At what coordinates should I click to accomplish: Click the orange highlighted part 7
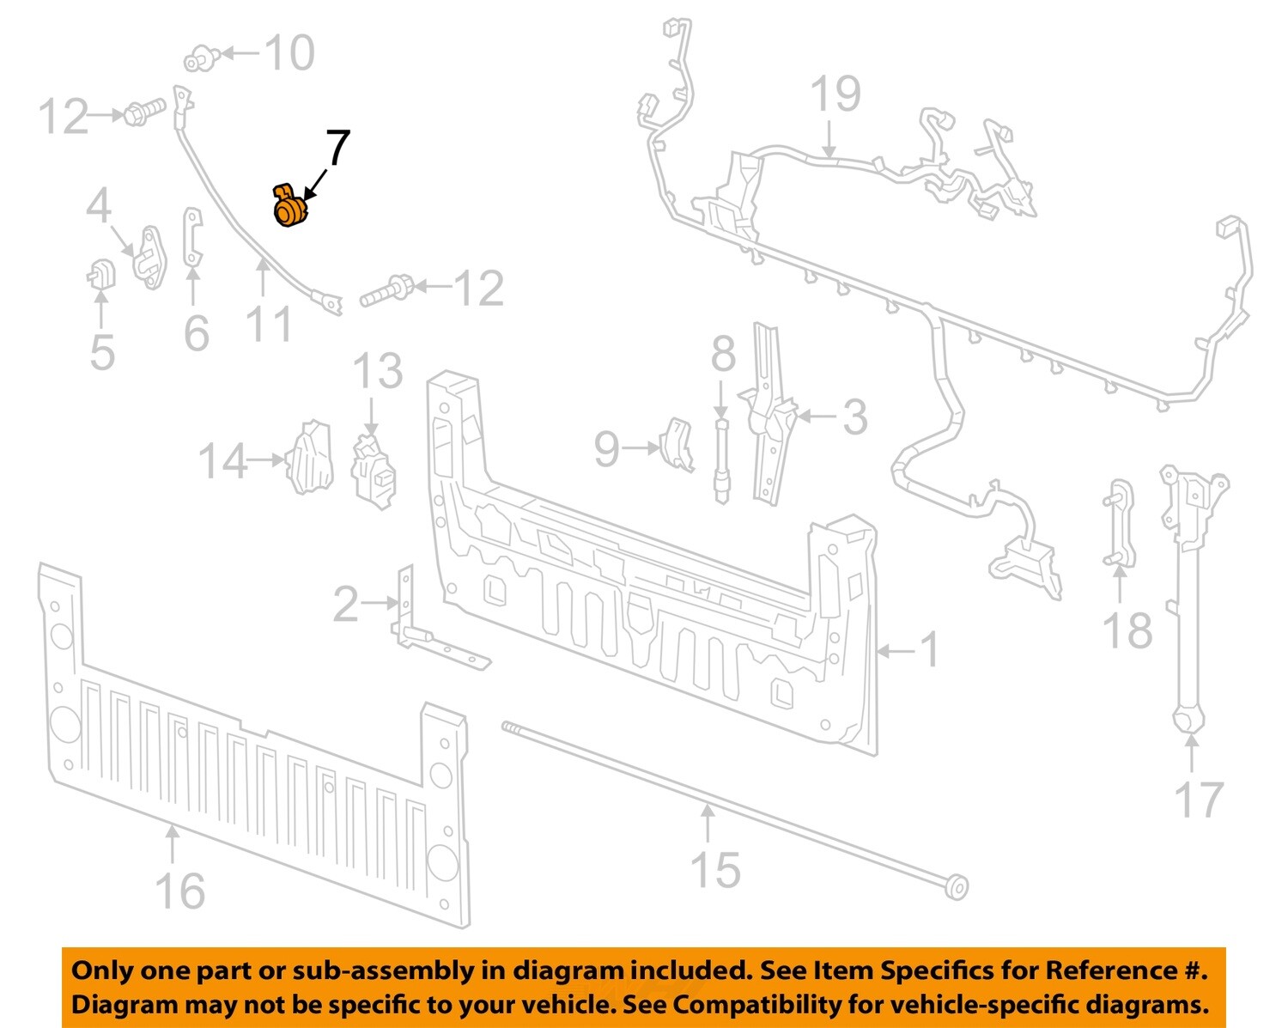(x=289, y=206)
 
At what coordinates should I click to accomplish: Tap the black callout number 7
(x=337, y=149)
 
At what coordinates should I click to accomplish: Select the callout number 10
(x=289, y=53)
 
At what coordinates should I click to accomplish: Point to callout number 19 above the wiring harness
(x=835, y=94)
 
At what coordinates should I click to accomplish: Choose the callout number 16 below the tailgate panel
(x=180, y=891)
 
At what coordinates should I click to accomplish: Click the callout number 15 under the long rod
(x=715, y=870)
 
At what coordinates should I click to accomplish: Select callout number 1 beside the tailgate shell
(x=930, y=650)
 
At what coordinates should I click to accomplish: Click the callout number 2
(x=345, y=605)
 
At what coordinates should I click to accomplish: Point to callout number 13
(x=378, y=371)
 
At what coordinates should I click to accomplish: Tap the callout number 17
(x=1199, y=800)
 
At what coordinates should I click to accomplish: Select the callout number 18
(x=1127, y=631)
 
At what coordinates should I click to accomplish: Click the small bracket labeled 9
(x=678, y=443)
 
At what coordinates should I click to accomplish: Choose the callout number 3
(x=854, y=417)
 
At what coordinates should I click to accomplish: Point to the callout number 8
(x=723, y=354)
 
